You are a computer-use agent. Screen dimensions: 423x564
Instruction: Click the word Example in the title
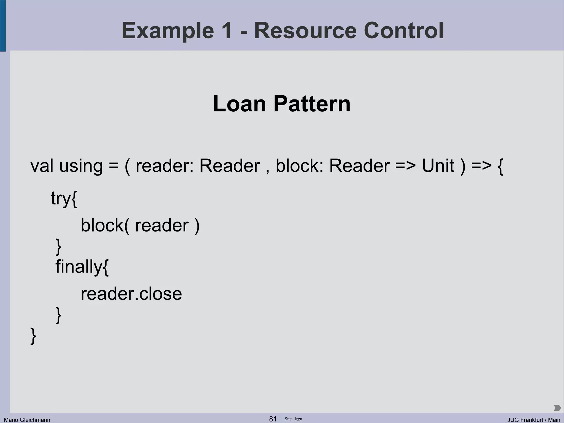pos(168,31)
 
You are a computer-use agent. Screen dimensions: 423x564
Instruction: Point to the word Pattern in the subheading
pos(312,104)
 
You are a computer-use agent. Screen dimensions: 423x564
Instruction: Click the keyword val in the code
pos(42,166)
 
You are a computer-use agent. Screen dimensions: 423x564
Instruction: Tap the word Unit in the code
pos(438,166)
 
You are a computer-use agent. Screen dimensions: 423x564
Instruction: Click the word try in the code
pos(61,198)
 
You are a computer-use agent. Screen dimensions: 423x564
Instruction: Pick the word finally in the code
pos(79,267)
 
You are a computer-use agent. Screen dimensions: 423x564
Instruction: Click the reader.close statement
pos(131,294)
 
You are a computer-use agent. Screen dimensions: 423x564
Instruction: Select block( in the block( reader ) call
pos(105,225)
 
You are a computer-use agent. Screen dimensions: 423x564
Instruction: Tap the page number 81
pos(273,419)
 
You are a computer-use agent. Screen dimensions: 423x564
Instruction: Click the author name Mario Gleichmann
pos(27,420)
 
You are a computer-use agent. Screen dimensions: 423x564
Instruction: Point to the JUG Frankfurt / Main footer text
pos(533,420)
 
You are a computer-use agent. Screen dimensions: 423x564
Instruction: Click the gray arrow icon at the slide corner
pos(557,408)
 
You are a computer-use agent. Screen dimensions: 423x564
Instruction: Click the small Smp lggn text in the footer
pos(293,419)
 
